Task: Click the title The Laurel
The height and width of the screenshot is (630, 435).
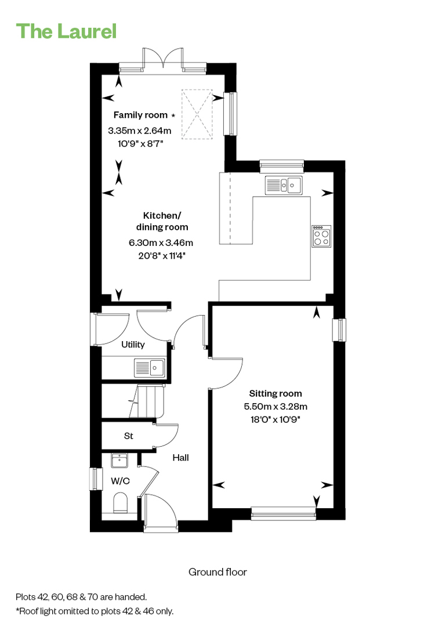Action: click(x=66, y=31)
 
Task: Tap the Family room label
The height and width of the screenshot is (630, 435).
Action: click(x=140, y=115)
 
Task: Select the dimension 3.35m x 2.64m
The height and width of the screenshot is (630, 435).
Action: click(x=140, y=131)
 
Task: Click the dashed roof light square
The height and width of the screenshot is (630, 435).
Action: click(x=197, y=114)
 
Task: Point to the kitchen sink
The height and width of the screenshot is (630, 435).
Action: click(x=284, y=185)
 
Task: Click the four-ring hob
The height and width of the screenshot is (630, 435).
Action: click(x=321, y=236)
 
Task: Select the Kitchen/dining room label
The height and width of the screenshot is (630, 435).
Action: click(x=162, y=222)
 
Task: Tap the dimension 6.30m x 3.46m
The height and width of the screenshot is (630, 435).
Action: click(x=161, y=242)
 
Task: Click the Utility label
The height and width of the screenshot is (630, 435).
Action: click(x=133, y=345)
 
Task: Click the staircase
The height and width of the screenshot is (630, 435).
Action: click(x=147, y=401)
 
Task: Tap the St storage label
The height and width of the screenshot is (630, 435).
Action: click(x=129, y=436)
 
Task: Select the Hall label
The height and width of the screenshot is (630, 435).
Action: click(x=181, y=458)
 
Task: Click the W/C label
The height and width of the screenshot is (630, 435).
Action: click(x=121, y=481)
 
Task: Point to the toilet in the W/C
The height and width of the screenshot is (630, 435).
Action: click(x=121, y=503)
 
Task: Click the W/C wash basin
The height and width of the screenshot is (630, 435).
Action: click(x=119, y=461)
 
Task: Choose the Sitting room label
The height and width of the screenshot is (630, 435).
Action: click(x=275, y=394)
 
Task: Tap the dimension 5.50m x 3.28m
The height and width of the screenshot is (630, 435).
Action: click(x=275, y=407)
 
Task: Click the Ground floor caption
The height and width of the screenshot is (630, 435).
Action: click(x=217, y=572)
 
